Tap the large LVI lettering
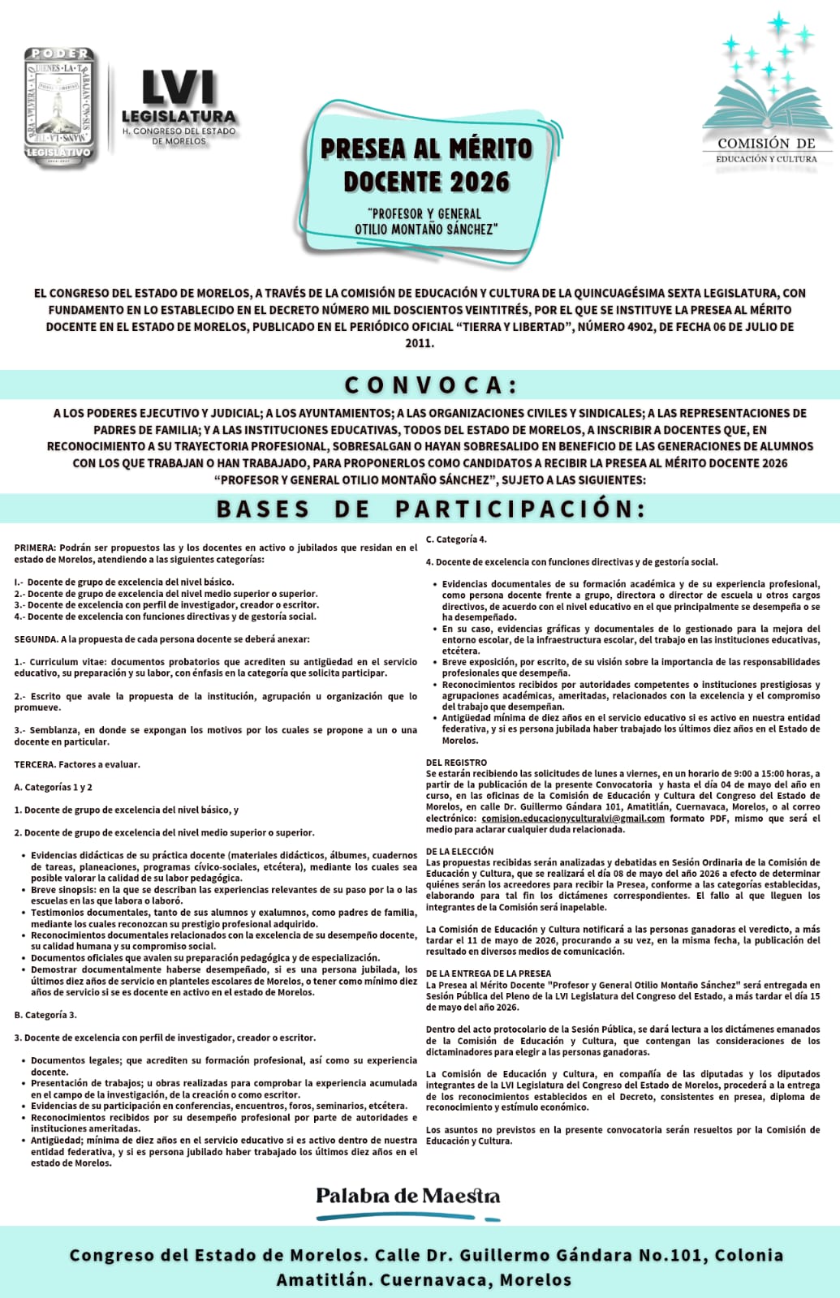[179, 88]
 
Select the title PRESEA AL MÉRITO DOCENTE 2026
[426, 165]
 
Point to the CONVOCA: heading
[430, 385]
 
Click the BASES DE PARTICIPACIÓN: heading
[431, 509]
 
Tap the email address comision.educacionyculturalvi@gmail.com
[572, 819]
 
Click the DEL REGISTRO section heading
[456, 763]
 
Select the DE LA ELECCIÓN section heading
[459, 851]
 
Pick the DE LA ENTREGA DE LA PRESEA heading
[488, 973]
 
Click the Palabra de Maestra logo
[407, 1197]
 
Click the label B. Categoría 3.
[45, 1015]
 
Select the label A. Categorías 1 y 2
[54, 787]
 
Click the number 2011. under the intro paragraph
[420, 343]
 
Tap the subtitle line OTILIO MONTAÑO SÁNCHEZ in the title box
[425, 230]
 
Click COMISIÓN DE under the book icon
[765, 144]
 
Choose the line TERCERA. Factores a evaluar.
[77, 764]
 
